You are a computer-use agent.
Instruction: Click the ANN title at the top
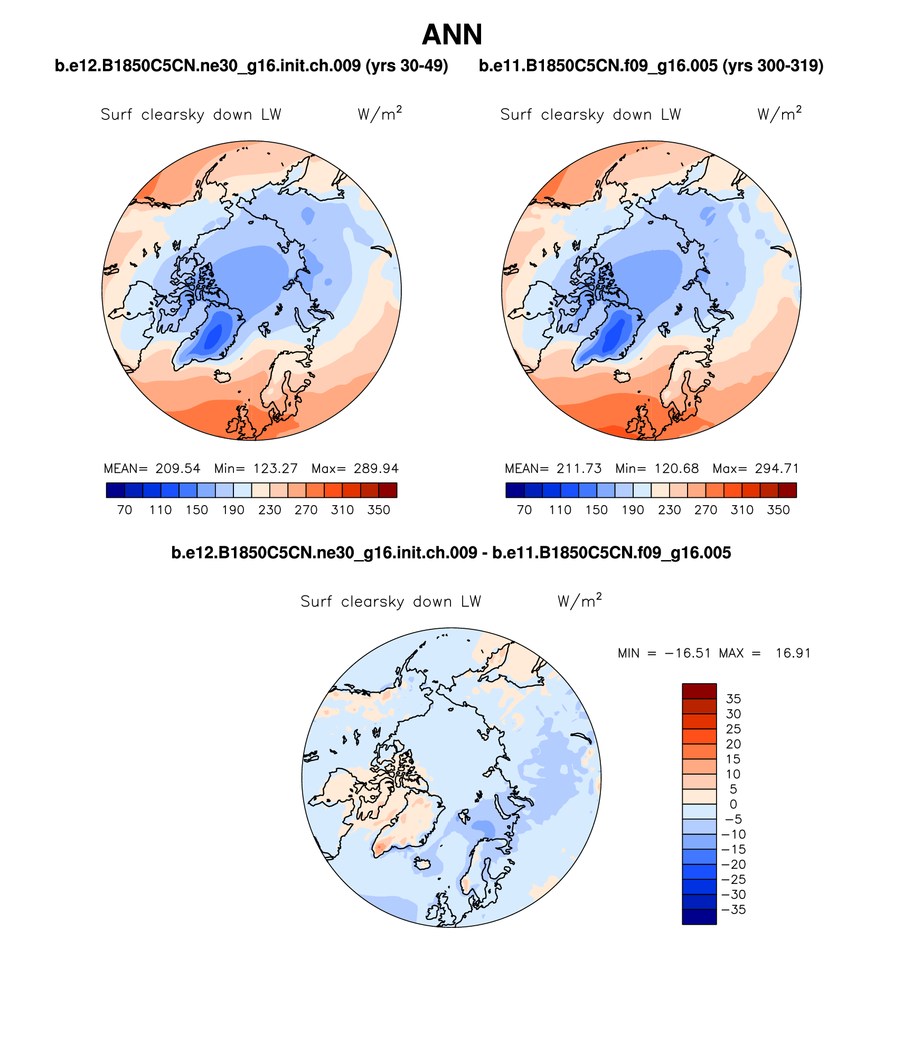tap(452, 35)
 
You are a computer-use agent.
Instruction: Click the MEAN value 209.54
tap(178, 469)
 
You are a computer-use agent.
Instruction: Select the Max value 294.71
tap(776, 469)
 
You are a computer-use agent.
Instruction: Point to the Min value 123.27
tap(275, 469)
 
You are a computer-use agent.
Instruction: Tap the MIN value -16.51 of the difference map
tap(688, 653)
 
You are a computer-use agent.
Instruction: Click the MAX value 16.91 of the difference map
tap(793, 653)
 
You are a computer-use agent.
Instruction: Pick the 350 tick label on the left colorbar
tap(379, 510)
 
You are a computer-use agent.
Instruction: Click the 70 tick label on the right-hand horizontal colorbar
tap(524, 510)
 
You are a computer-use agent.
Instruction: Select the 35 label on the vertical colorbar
tap(733, 699)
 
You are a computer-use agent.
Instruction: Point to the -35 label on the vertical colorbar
tap(733, 909)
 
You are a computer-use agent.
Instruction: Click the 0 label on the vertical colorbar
tap(733, 804)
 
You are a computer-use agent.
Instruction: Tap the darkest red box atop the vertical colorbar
tap(699, 691)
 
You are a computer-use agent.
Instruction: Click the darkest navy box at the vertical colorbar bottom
tap(699, 917)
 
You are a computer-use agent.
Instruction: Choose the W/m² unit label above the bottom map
tap(579, 601)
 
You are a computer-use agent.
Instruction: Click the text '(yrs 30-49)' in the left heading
tap(407, 66)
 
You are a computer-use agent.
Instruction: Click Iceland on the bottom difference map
tap(422, 863)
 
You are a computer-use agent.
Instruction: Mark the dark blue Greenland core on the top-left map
tap(214, 336)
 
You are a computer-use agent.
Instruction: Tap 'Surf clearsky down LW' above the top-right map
tap(590, 115)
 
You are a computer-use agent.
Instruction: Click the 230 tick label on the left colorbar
tap(269, 510)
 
